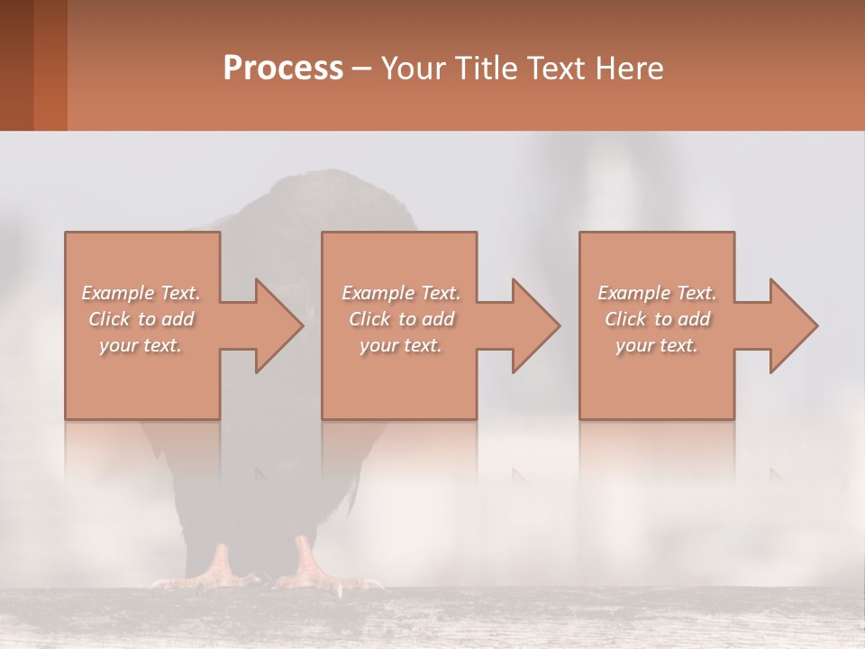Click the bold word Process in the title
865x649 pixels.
pos(283,69)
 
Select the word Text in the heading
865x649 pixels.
pos(558,69)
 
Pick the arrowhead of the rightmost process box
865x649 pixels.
pos(792,325)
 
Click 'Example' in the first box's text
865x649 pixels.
pos(117,293)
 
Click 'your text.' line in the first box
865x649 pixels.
pos(141,345)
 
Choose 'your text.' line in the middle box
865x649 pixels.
pos(401,345)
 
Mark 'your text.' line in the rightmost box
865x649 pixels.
pos(657,345)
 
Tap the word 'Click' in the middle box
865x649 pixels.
pos(369,319)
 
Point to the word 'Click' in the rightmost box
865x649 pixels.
pos(625,319)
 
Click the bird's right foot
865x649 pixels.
pos(311,568)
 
